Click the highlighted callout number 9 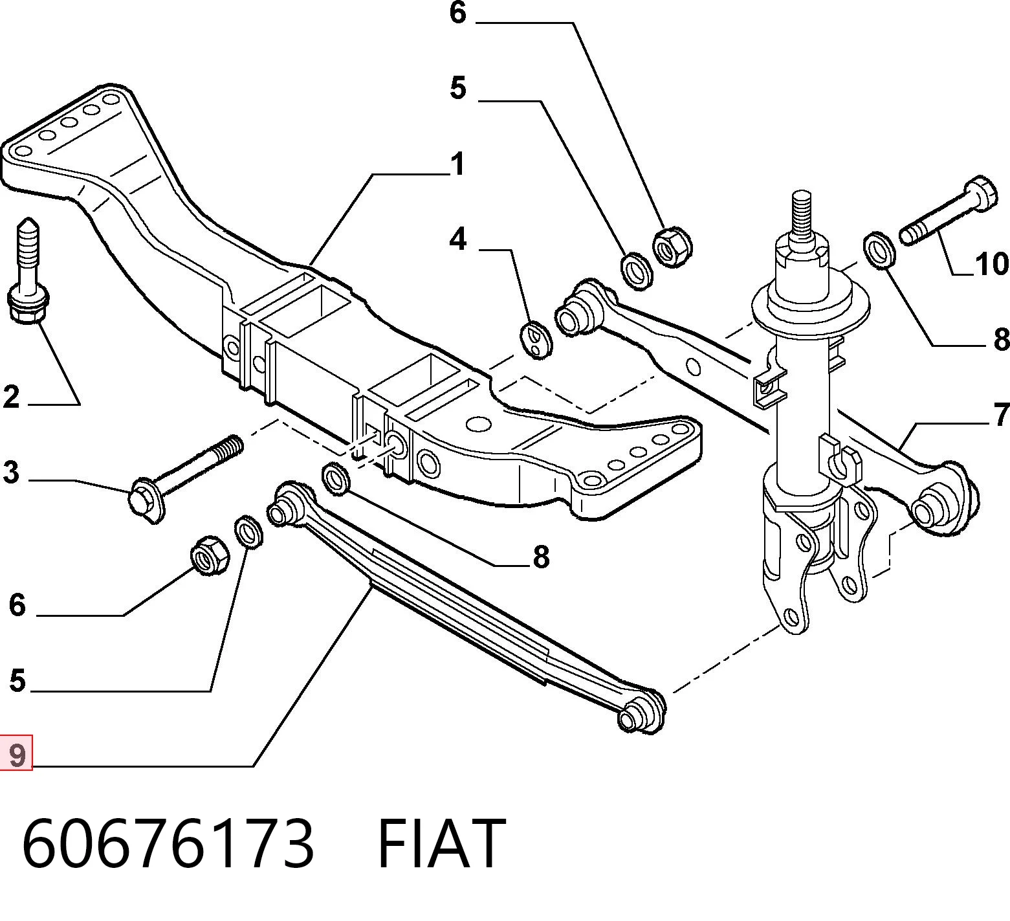tap(17, 755)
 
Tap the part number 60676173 tap(168, 843)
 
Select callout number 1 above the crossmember tap(457, 164)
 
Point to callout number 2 tap(11, 396)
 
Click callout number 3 tap(11, 472)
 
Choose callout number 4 tap(458, 239)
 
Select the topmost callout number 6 tap(458, 13)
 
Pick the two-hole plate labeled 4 tap(536, 340)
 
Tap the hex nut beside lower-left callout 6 tap(210, 555)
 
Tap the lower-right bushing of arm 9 tap(640, 711)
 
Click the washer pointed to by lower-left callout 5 tap(248, 531)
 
